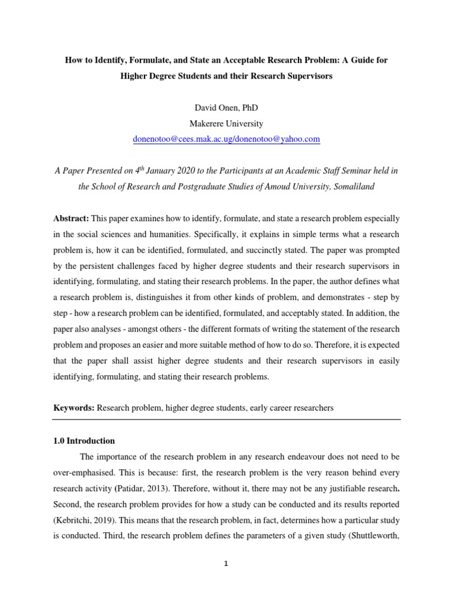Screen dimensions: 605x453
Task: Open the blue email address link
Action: pyautogui.click(x=226, y=139)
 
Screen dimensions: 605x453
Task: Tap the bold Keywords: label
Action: pyautogui.click(x=74, y=408)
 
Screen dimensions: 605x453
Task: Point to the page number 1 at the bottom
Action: pyautogui.click(x=226, y=564)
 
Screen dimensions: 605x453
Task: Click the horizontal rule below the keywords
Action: pyautogui.click(x=226, y=420)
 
